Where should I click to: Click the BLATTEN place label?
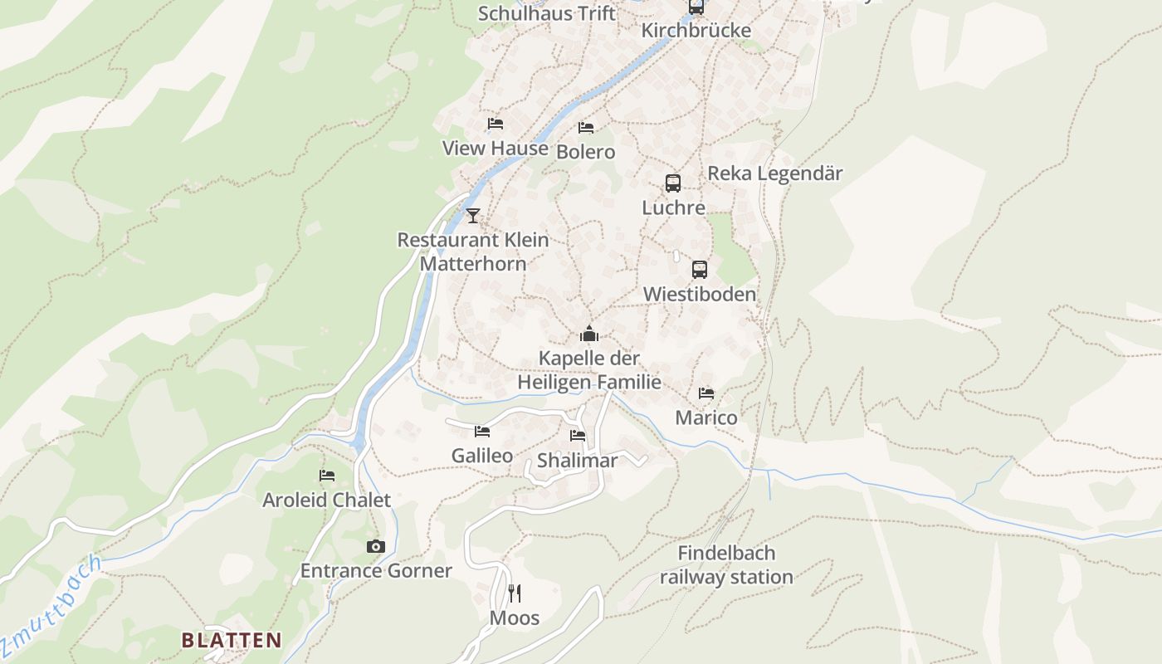[x=232, y=640]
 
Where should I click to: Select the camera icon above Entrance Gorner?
[x=376, y=546]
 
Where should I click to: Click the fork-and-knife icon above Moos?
[x=515, y=593]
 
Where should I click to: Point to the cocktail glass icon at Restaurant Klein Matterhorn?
[x=473, y=215]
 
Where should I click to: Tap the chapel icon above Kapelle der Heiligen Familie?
[x=589, y=334]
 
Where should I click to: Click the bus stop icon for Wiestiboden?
[x=700, y=269]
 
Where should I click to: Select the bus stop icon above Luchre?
[x=673, y=183]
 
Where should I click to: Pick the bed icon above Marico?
[x=706, y=393]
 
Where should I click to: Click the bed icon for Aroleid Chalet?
[x=327, y=476]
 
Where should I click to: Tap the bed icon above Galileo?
[x=482, y=431]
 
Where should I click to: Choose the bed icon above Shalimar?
[x=578, y=435]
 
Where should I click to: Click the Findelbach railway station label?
[x=726, y=565]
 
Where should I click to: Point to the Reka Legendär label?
[x=774, y=173]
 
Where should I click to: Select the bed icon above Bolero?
[x=586, y=127]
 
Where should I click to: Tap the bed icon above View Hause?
[x=496, y=123]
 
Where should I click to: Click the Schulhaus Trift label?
[x=547, y=13]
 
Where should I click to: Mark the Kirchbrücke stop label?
[x=696, y=31]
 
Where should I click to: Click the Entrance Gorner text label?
[x=376, y=571]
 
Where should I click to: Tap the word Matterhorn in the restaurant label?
[x=473, y=264]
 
